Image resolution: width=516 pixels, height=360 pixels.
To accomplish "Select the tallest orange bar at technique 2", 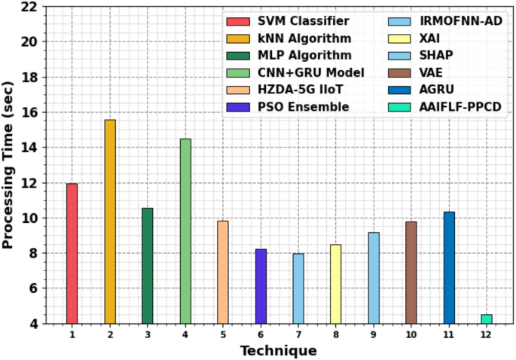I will (110, 221).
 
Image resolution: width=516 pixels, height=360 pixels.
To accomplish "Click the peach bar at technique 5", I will (223, 272).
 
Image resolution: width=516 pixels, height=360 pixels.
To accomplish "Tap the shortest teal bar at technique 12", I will (487, 319).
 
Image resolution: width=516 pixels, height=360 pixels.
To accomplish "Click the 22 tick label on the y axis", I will (28, 8).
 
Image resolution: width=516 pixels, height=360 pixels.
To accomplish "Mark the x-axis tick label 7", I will (298, 334).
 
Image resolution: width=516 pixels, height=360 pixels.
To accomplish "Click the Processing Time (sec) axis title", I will (9, 165).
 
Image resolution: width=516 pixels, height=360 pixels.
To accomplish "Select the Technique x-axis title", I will (278, 350).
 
